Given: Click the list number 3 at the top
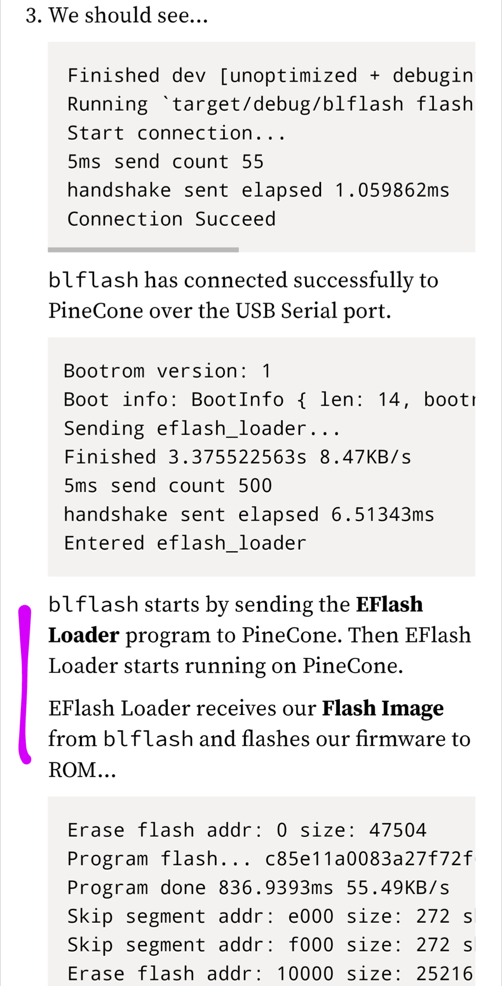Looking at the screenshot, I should click(34, 16).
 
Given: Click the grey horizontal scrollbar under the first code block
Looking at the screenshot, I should click(143, 250).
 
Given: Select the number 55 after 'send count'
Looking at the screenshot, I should click(253, 162).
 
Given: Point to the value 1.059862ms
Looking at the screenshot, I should click(392, 191).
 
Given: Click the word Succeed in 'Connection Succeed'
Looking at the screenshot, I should click(235, 219).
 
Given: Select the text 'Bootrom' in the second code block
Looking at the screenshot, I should click(104, 372).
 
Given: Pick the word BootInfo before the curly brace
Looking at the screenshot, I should click(238, 400).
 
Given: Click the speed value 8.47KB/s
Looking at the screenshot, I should click(365, 457).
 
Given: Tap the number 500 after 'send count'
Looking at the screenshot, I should click(255, 486).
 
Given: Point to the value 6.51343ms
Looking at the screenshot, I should click(383, 514).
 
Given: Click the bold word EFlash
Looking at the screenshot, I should click(389, 605).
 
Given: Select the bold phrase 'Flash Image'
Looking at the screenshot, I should click(383, 708).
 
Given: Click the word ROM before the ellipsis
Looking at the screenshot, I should click(72, 770).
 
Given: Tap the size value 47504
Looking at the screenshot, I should click(398, 830).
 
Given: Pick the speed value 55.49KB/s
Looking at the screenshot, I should click(398, 888).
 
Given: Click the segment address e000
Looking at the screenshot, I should click(311, 916).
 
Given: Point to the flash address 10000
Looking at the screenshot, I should click(305, 973).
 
